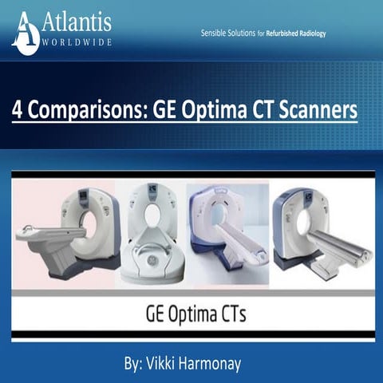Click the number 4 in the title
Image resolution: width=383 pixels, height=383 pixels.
click(x=19, y=109)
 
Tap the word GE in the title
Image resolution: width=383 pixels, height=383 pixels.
click(x=170, y=109)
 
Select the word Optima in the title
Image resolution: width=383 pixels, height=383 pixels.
click(x=220, y=109)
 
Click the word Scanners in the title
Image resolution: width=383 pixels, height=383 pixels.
click(x=320, y=109)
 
